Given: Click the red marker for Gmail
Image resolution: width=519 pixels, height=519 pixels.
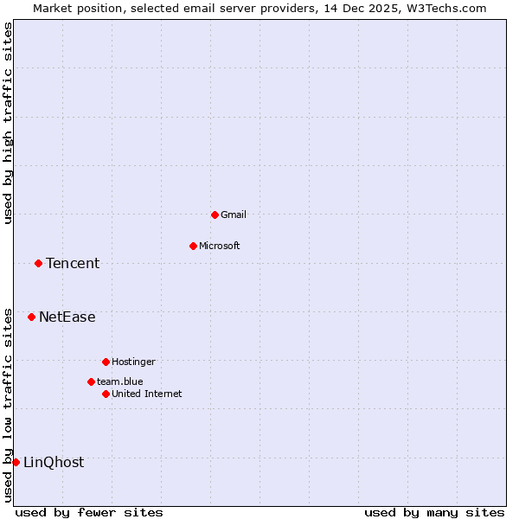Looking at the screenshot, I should tap(215, 215).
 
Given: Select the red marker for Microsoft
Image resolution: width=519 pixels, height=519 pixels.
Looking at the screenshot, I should tap(193, 246).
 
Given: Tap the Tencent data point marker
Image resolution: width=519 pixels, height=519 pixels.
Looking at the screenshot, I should tap(38, 263).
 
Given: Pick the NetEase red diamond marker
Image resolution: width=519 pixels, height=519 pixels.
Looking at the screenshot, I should tap(31, 317).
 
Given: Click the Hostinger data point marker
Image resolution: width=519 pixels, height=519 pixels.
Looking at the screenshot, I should tap(106, 362).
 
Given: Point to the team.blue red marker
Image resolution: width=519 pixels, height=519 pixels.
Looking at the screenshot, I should tap(91, 381).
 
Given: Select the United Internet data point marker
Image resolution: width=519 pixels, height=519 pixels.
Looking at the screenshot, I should tap(106, 394).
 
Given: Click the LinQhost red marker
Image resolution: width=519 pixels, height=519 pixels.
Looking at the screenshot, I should tap(16, 462).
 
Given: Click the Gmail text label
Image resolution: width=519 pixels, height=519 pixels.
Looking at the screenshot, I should tap(234, 215).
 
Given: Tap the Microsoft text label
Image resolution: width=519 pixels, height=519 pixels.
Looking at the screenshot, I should tap(220, 246).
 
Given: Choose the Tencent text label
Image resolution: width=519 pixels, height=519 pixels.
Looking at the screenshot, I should tap(73, 263).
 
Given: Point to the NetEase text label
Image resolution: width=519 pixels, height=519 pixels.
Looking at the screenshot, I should tap(67, 317).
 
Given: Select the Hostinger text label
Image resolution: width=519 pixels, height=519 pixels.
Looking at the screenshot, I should tap(133, 362).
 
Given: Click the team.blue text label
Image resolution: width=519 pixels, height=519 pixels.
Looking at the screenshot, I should tap(120, 381).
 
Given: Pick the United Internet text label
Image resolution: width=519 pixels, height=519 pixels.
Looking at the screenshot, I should tap(147, 394).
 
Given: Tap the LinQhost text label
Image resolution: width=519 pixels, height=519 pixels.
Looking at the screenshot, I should tap(54, 462).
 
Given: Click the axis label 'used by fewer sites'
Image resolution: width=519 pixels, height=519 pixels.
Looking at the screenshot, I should tap(89, 512).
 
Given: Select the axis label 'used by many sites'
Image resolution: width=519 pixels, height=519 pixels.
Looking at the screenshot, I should tap(434, 512).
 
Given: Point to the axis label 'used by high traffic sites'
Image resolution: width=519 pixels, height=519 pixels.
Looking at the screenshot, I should tap(8, 123).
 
